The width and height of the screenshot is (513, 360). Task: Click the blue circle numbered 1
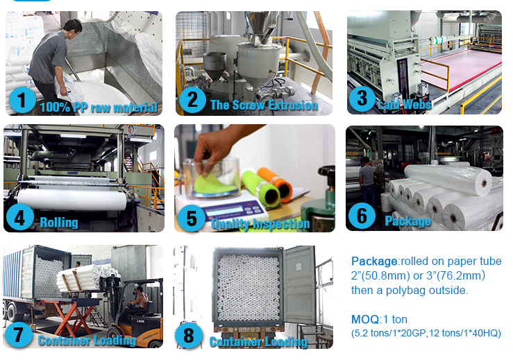click(22, 100)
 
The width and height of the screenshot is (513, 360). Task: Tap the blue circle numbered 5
click(192, 218)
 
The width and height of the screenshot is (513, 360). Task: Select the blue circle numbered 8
click(189, 335)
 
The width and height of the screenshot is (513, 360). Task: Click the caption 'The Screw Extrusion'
click(264, 105)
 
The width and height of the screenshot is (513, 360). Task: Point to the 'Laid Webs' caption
click(405, 104)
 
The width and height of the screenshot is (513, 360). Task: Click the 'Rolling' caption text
click(59, 223)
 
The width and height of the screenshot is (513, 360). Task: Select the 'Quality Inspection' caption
click(260, 224)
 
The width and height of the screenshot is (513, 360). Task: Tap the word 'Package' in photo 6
click(408, 221)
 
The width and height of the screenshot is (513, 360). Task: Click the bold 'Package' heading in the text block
click(374, 261)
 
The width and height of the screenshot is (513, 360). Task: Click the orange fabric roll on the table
click(276, 185)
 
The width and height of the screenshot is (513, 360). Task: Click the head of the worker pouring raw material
click(73, 28)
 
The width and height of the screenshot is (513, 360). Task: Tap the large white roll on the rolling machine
click(72, 200)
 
